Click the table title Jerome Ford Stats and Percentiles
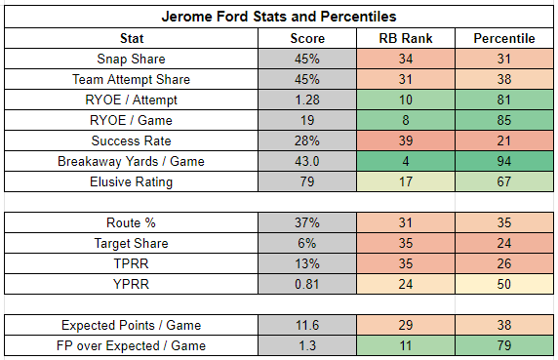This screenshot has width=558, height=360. click(x=279, y=17)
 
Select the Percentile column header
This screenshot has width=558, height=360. click(x=504, y=38)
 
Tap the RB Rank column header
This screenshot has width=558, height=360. click(x=406, y=38)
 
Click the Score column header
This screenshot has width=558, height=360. click(x=307, y=38)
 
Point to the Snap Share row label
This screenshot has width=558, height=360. click(x=131, y=59)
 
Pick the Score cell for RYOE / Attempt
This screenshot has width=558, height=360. click(x=307, y=100)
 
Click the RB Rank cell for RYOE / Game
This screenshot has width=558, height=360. click(x=406, y=120)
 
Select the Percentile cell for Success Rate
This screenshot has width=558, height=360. click(x=504, y=140)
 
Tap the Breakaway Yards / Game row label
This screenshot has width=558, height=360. click(x=131, y=161)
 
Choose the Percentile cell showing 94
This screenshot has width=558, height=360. click(x=504, y=161)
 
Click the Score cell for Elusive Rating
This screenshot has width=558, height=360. click(x=307, y=181)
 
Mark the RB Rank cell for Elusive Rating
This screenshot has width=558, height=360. click(x=406, y=181)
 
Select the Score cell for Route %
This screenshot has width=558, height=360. click(x=307, y=222)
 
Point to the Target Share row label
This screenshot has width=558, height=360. click(x=131, y=243)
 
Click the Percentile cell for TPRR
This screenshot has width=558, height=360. click(x=504, y=263)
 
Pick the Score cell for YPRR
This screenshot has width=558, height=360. click(x=307, y=284)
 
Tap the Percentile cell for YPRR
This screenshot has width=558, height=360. click(x=504, y=284)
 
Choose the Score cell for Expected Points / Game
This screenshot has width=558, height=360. click(x=307, y=325)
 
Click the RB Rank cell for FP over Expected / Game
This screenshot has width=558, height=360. click(x=406, y=345)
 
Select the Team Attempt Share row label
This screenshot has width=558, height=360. click(x=131, y=79)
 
